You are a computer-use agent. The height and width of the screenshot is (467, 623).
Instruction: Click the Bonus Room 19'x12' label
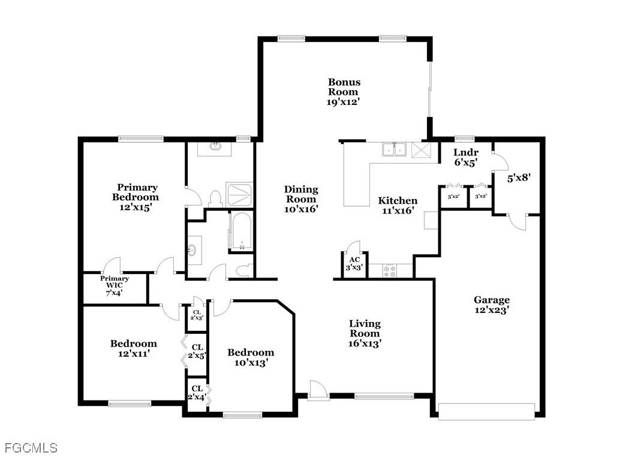click(344, 92)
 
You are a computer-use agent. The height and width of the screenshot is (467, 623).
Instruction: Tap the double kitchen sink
click(394, 149)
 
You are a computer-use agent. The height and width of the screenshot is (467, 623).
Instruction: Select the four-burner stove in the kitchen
click(390, 271)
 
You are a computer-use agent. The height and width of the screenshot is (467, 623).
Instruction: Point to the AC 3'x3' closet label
click(353, 264)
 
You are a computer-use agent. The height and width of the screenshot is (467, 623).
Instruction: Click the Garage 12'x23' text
click(492, 305)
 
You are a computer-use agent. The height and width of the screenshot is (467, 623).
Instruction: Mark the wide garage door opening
click(486, 411)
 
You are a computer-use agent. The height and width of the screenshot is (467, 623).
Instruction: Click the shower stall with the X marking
click(240, 195)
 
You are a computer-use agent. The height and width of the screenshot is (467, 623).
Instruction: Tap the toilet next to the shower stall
click(215, 199)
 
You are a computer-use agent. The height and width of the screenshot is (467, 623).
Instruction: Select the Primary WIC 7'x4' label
click(115, 286)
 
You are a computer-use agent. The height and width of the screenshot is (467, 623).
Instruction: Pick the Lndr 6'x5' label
click(465, 157)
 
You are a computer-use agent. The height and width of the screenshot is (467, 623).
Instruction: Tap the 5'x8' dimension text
click(519, 177)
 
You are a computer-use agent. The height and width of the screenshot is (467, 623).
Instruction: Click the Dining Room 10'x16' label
click(301, 199)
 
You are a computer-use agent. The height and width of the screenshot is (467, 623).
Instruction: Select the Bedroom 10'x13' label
click(251, 357)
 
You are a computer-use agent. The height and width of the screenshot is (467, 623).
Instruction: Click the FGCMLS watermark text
click(31, 448)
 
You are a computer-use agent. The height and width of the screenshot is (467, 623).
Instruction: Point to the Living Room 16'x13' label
click(365, 333)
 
